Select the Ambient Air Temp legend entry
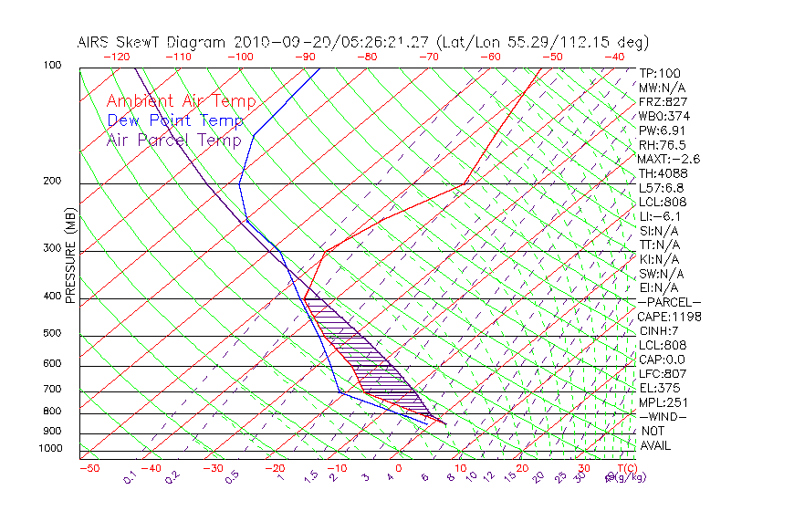(181, 101)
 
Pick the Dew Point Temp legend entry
(174, 120)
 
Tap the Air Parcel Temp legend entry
(173, 140)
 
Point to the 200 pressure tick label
(52, 181)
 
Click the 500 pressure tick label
(52, 334)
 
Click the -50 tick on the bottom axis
(89, 468)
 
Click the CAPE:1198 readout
(669, 317)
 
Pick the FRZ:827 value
(663, 102)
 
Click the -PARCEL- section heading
(669, 302)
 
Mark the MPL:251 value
(663, 402)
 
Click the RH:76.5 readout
(663, 145)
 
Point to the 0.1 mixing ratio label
(130, 476)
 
